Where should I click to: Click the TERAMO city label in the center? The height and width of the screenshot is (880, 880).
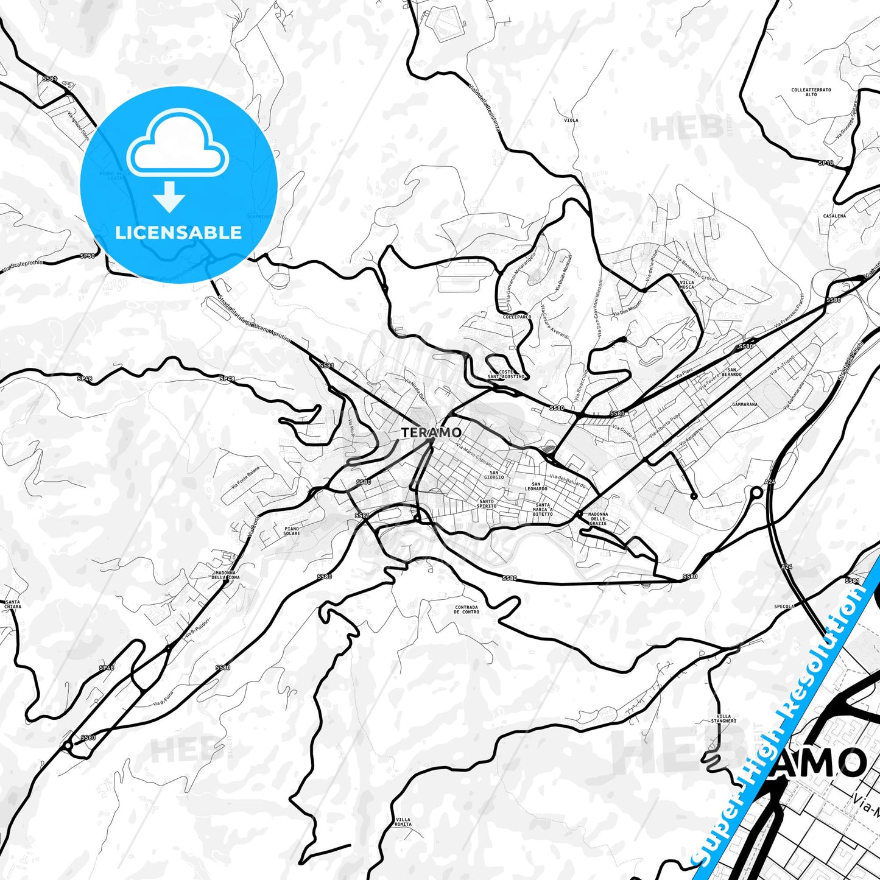[x=431, y=432]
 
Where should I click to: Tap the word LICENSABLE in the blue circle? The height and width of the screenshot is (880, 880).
[x=178, y=233]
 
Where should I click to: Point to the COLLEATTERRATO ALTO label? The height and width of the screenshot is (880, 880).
[x=811, y=92]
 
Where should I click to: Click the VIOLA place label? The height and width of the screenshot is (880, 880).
[x=571, y=120]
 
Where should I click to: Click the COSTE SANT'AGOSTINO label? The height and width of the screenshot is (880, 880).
[x=506, y=374]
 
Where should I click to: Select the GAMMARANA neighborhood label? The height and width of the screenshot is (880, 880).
[x=745, y=404]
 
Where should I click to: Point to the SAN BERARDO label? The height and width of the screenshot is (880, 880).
[x=734, y=372]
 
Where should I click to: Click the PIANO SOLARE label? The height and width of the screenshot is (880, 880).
[x=292, y=531]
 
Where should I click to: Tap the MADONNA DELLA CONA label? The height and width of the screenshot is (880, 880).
[x=225, y=575]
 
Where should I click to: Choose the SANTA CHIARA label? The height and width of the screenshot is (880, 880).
[x=12, y=604]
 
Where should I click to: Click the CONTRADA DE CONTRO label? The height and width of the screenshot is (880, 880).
[x=467, y=610]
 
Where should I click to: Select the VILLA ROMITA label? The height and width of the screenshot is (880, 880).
[x=403, y=822]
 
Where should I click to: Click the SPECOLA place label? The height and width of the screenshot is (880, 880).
[x=784, y=607]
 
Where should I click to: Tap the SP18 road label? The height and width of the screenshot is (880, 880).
[x=825, y=163]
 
